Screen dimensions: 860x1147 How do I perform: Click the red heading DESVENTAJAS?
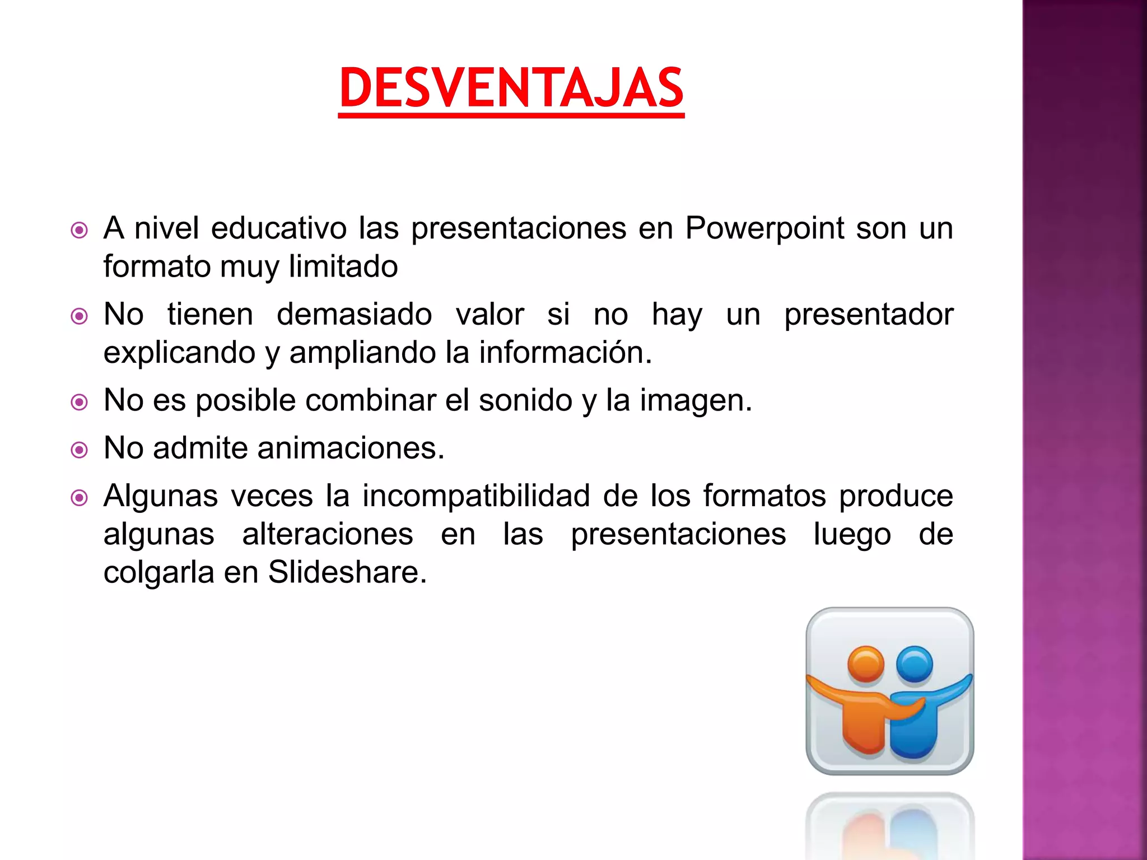[511, 88]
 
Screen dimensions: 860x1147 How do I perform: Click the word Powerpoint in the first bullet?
[764, 228]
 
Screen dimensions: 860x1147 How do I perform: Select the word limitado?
[343, 267]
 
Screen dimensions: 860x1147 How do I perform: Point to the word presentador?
[868, 315]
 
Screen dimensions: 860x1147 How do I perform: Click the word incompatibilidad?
[476, 497]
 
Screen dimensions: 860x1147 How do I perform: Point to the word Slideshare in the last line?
[347, 573]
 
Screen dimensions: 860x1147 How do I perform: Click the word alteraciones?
[328, 535]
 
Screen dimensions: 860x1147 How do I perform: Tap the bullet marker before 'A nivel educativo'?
[80, 230]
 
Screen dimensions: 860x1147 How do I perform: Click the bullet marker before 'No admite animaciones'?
[80, 450]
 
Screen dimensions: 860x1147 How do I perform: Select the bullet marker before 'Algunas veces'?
[80, 498]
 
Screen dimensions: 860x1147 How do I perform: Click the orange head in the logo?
[865, 665]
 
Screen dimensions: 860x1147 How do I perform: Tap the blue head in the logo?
[914, 665]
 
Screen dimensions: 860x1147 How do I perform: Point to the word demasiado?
[354, 315]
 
